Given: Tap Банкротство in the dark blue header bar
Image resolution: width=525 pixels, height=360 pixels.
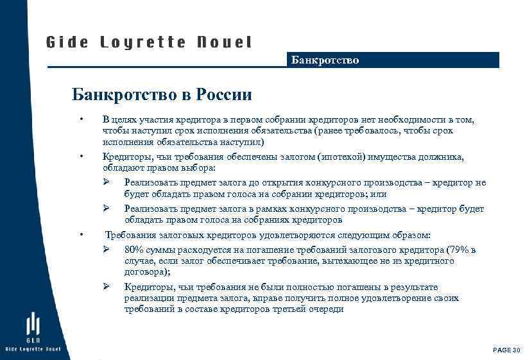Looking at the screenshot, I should (x=325, y=60).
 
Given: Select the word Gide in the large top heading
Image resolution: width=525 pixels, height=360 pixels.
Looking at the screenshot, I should (x=67, y=43).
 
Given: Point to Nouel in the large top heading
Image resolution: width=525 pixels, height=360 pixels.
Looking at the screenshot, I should (x=224, y=43).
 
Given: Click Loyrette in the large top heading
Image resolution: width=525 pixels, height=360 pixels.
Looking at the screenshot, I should (x=143, y=43).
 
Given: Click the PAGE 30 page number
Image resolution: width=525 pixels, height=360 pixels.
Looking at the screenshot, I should (x=506, y=350).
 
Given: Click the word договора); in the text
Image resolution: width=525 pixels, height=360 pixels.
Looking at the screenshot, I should (x=144, y=271).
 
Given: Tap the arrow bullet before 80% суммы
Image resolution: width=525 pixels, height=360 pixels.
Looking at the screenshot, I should (x=107, y=249).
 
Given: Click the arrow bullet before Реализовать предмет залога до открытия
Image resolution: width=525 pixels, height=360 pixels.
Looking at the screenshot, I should (x=107, y=183).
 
